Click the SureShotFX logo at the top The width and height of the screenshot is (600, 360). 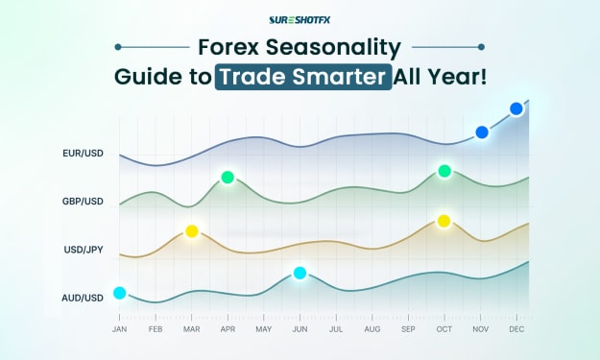[x=300, y=20]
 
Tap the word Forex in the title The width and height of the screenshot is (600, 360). [x=228, y=47]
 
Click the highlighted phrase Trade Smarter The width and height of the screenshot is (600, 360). [x=303, y=77]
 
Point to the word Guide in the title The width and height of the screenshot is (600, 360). [x=147, y=77]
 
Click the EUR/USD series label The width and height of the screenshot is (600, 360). [x=83, y=154]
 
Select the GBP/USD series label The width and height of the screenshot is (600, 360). [x=83, y=202]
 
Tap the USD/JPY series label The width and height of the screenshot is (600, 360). [x=84, y=250]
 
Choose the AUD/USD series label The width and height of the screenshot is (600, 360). [x=83, y=298]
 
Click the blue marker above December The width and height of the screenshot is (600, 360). [x=516, y=108]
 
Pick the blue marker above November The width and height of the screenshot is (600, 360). [x=482, y=132]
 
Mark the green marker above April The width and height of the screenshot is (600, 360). [x=228, y=178]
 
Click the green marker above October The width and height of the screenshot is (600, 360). [x=444, y=171]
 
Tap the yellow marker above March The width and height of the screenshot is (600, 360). [x=192, y=231]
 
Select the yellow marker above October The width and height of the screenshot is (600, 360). [x=444, y=221]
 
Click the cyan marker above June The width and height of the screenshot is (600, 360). [x=300, y=273]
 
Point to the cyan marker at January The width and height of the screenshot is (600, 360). [x=120, y=293]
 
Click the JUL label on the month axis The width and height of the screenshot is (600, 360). [x=336, y=329]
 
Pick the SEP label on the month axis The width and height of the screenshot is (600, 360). [x=408, y=329]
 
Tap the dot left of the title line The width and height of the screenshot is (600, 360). [x=118, y=47]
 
